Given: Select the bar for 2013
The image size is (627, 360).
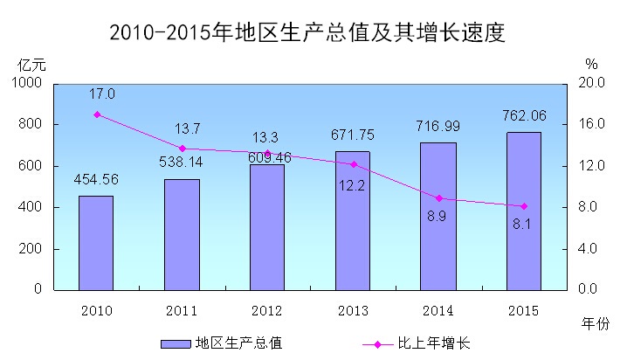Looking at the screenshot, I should pos(353,219).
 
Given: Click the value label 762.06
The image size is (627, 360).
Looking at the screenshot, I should pos(525,114).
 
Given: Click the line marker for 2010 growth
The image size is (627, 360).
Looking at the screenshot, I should pos(96,114).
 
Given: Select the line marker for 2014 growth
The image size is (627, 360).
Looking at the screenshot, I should pos(438,198).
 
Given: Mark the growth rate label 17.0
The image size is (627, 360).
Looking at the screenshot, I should pos(101,93).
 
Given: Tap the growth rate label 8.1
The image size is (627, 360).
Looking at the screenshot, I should pos(523,224).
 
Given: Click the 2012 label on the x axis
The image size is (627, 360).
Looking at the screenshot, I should pos(266,309).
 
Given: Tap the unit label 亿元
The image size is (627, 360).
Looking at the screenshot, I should pos(31,64).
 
